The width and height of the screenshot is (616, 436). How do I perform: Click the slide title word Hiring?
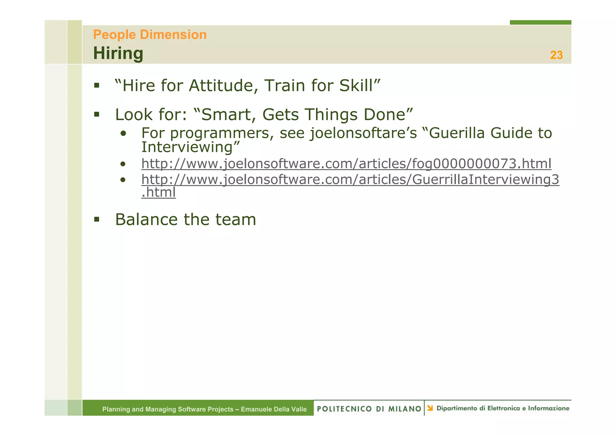tap(118, 53)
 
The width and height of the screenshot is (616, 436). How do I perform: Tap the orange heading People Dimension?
tap(150, 35)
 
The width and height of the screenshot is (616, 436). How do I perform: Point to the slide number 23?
tap(556, 55)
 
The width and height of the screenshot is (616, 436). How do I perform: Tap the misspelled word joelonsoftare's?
tap(363, 133)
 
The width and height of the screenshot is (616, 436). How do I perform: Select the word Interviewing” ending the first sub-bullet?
tap(191, 147)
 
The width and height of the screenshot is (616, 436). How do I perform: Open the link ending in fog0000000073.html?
tap(346, 163)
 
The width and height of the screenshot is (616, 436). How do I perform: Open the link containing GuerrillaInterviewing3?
tap(350, 179)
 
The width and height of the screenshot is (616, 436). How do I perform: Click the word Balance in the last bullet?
tap(146, 219)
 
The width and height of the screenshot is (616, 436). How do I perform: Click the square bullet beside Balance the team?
tap(97, 219)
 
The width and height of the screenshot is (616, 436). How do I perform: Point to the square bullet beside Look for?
tap(97, 114)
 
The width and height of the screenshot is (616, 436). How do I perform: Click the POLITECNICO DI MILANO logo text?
tap(369, 409)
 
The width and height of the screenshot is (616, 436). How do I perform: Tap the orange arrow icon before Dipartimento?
tap(430, 408)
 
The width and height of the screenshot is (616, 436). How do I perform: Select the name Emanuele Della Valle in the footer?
tap(274, 409)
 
